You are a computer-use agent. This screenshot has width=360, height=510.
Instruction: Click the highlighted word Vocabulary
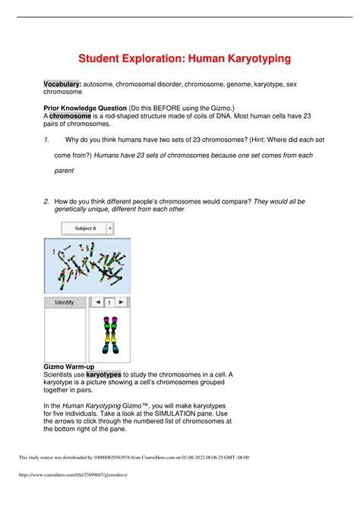[62, 84]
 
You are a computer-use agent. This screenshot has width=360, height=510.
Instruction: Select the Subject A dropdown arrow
[110, 228]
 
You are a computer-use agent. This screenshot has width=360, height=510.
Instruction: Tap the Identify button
[65, 303]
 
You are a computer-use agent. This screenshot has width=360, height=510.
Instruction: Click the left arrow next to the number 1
[98, 302]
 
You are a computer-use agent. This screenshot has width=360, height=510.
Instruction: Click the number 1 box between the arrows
[109, 303]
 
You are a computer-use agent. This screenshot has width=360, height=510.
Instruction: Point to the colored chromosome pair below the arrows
[110, 335]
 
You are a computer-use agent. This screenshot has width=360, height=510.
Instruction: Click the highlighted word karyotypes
[103, 374]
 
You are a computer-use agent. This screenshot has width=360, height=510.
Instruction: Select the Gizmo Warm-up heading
[68, 367]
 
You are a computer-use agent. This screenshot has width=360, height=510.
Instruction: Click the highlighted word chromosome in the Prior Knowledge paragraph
[70, 116]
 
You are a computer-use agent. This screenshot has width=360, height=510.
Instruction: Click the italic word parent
[64, 171]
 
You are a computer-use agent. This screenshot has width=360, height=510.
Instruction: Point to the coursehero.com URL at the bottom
[73, 474]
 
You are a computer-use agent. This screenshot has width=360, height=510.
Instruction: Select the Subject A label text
[86, 228]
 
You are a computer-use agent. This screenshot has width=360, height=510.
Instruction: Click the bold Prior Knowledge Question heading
[85, 108]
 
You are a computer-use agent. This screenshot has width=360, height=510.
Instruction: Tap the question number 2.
[46, 201]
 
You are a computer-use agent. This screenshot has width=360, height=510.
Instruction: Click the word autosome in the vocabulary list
[98, 84]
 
